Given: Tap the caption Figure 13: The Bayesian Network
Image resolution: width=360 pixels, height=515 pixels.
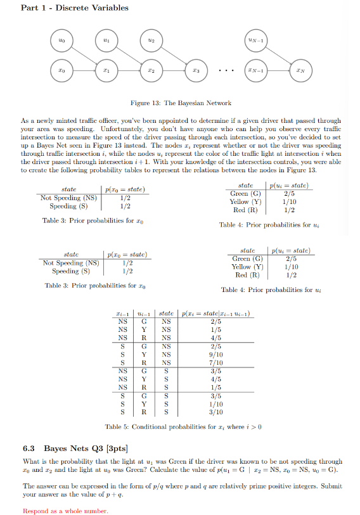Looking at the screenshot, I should click(181, 103).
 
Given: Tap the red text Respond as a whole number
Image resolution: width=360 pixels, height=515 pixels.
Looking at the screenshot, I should click(65, 511).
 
